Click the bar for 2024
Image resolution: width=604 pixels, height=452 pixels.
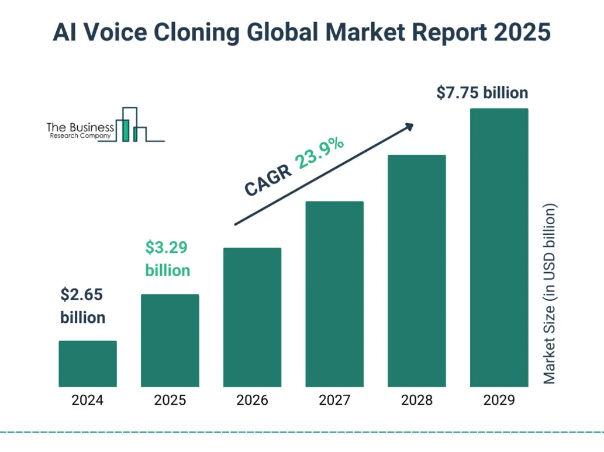(88, 364)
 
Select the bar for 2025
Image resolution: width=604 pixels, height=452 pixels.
(170, 340)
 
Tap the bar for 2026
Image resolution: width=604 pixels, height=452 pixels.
(252, 317)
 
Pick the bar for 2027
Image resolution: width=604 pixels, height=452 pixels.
(334, 294)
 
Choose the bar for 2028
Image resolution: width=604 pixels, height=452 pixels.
(417, 270)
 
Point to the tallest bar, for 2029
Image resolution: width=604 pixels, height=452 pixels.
(499, 247)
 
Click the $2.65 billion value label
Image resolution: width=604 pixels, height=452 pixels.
(83, 306)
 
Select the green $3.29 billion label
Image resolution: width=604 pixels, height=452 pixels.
(167, 259)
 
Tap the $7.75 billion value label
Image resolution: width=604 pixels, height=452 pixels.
(482, 93)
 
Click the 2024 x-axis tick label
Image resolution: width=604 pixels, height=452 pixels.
(88, 401)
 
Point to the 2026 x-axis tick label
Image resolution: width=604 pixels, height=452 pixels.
(252, 401)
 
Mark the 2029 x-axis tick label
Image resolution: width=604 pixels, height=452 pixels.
(499, 401)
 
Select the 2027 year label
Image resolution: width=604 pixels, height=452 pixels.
(334, 401)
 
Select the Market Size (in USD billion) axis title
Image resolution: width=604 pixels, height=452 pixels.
(550, 294)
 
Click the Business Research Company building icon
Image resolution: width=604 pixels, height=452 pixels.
(132, 125)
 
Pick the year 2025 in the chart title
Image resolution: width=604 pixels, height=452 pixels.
(521, 32)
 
